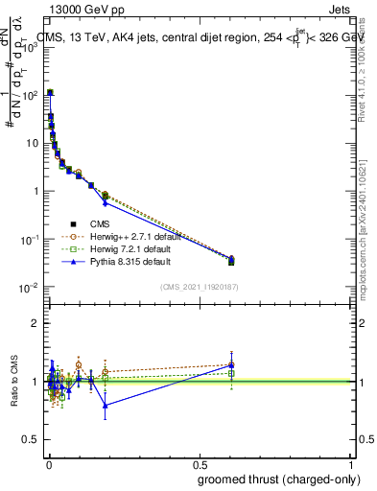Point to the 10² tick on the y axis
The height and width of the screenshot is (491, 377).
coord(32,95)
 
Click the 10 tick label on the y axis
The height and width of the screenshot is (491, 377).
coord(33,143)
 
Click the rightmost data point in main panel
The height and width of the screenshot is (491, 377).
coord(231,260)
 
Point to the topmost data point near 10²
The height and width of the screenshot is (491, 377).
coord(50,93)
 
